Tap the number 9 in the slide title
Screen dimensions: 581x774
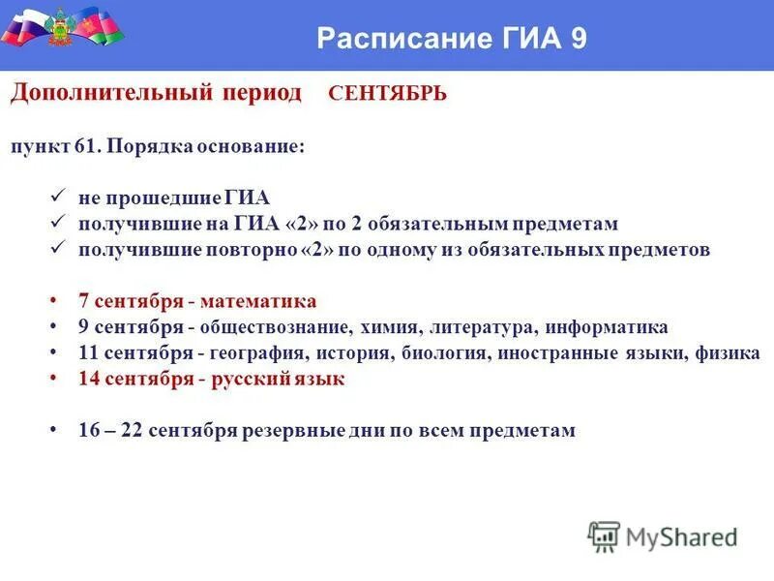click(x=578, y=39)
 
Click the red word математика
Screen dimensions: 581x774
click(x=266, y=301)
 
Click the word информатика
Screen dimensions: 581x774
click(x=613, y=327)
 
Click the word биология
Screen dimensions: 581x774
click(x=436, y=353)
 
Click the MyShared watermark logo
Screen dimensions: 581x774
click(x=664, y=535)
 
